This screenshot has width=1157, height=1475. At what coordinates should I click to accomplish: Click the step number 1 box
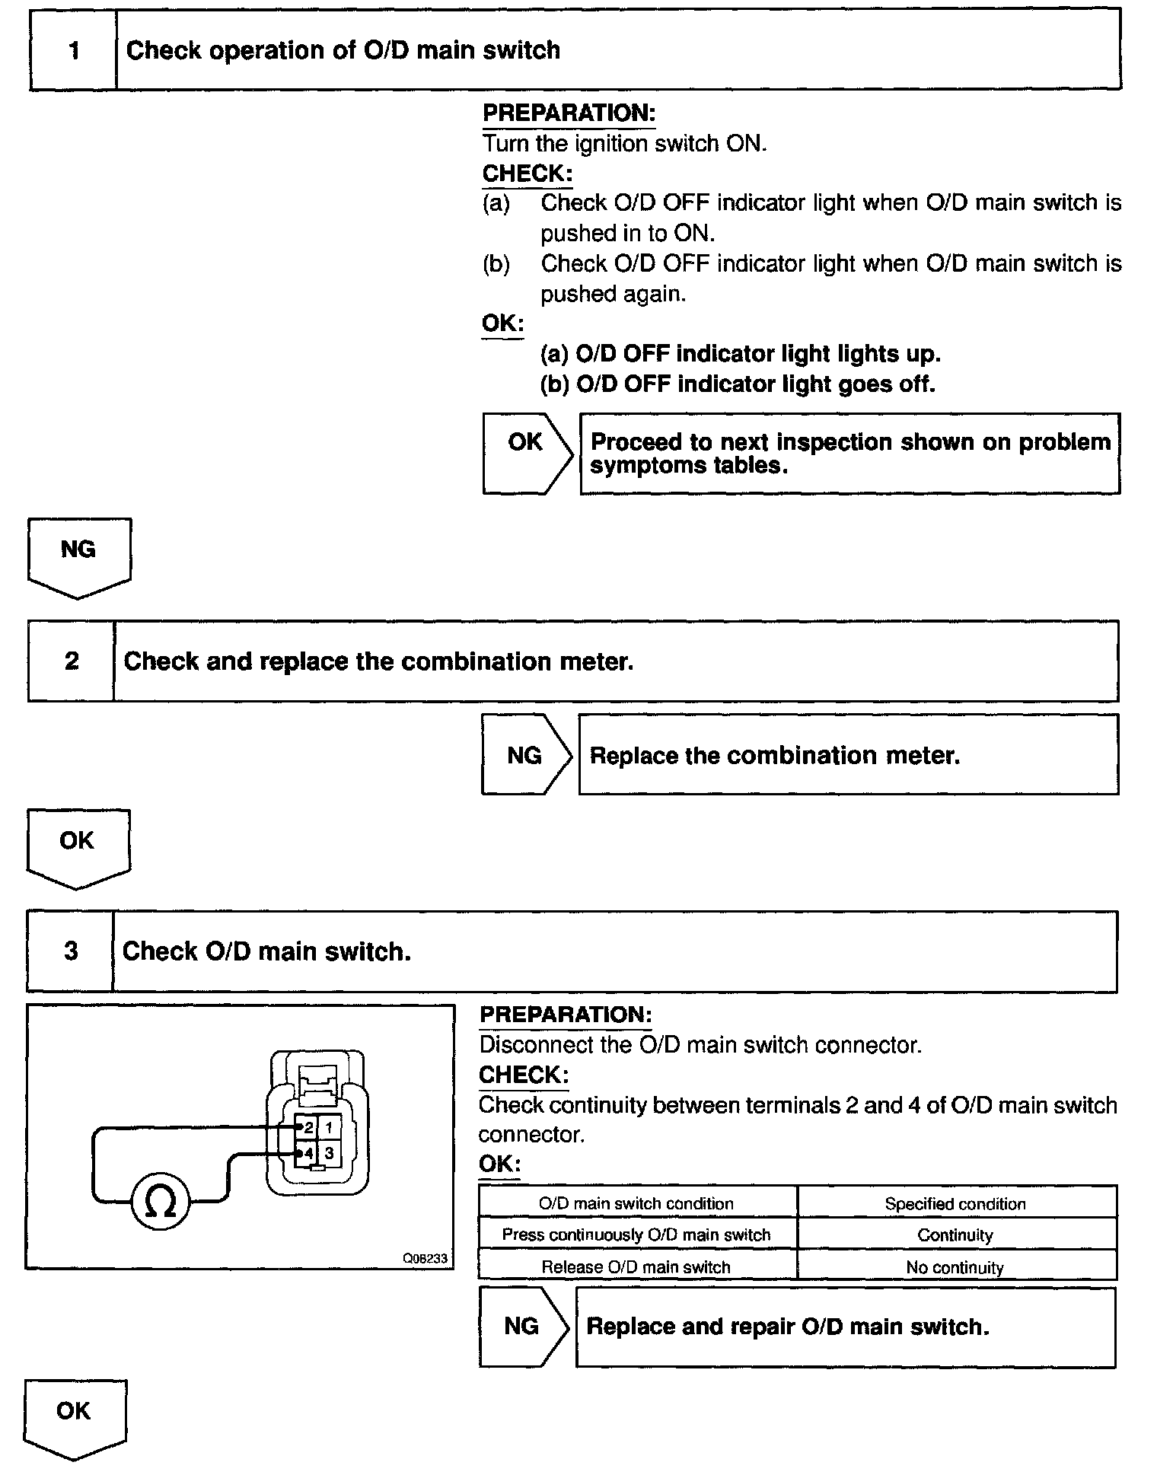pos(73,50)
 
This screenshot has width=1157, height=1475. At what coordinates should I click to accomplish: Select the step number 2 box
pos(71,661)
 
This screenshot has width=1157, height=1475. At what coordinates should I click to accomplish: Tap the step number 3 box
pos(70,951)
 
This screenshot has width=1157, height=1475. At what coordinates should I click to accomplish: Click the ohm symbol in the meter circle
pos(160,1203)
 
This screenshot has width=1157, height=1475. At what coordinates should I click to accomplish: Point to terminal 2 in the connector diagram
pos(308,1127)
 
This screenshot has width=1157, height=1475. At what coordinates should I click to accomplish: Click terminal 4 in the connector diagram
pos(308,1153)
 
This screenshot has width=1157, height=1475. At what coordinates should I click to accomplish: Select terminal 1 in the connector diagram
pos(329,1127)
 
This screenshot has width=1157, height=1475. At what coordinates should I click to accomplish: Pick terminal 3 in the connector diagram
pos(329,1153)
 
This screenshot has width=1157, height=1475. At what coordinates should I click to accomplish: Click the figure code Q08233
pos(425,1259)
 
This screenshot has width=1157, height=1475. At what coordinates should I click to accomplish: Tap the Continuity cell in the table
pos(955,1234)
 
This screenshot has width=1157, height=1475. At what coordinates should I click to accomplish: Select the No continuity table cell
pos(955,1267)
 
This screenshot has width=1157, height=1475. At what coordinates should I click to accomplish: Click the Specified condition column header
pos(955,1203)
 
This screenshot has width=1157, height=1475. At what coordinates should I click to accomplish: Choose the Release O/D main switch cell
pos(636,1267)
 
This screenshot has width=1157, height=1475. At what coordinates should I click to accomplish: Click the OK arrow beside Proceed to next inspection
pos(525,453)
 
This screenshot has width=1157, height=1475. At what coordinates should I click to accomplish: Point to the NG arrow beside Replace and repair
pos(522,1327)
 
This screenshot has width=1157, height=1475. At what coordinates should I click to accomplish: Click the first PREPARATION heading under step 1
pos(569,113)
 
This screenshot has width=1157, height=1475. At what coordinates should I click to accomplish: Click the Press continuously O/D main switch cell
pos(636,1234)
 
